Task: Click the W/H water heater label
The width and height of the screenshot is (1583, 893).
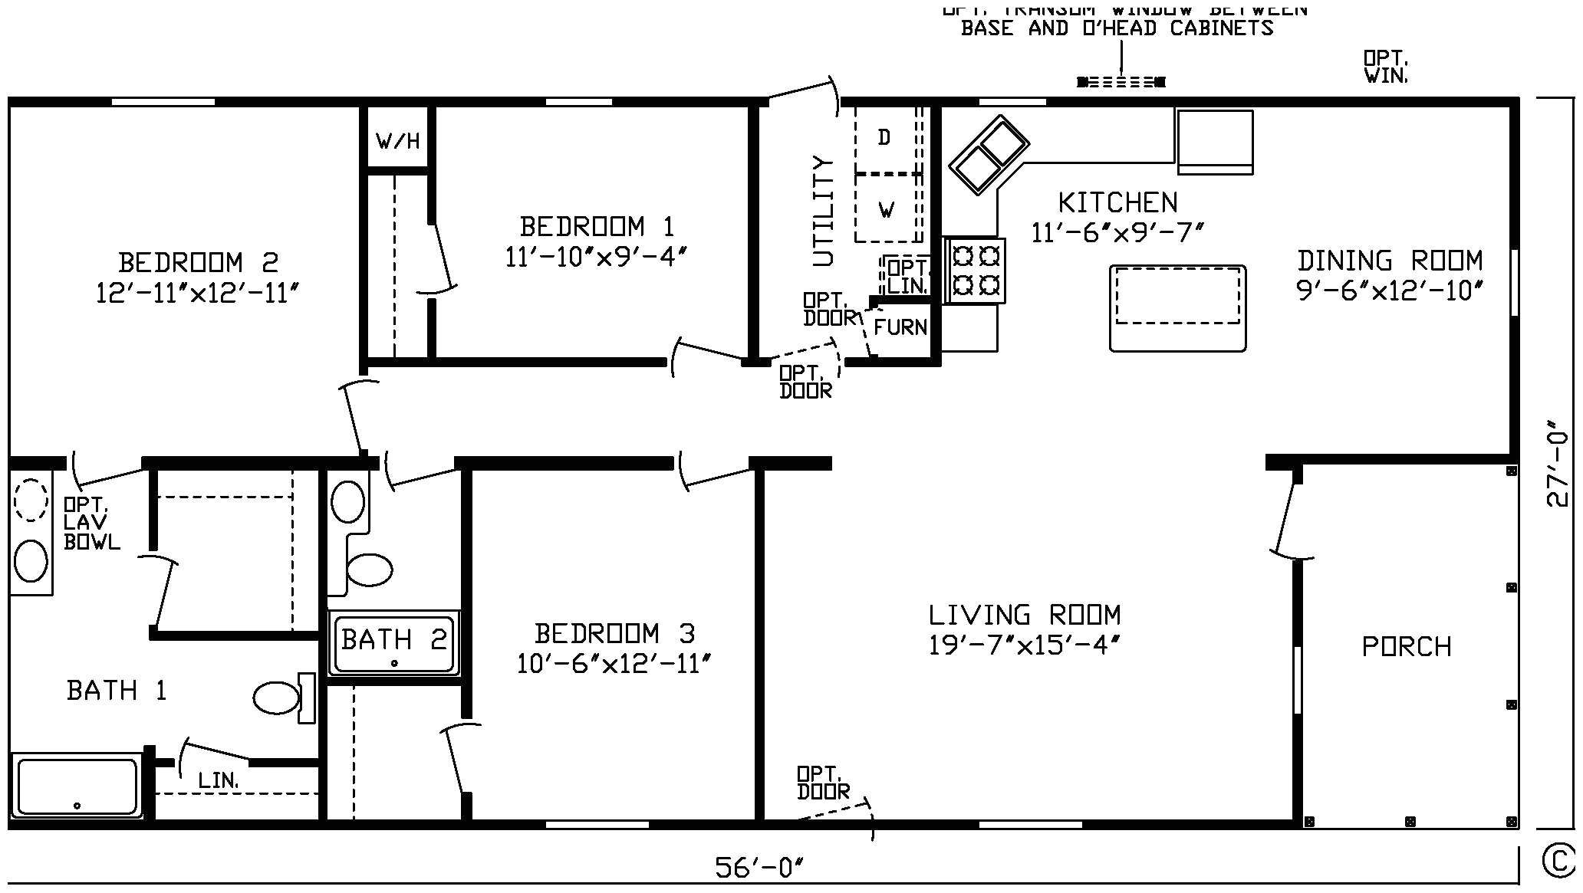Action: (397, 141)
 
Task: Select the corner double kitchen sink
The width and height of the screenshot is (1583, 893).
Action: (989, 155)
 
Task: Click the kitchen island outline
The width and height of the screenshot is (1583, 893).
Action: (1177, 308)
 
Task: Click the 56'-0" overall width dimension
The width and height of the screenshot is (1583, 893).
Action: (759, 868)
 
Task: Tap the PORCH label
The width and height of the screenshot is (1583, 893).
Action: (1406, 647)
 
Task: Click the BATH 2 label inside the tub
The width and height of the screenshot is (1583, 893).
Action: (393, 639)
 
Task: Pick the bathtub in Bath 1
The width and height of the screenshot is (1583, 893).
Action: (77, 786)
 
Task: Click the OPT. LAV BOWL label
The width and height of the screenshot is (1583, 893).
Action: (91, 524)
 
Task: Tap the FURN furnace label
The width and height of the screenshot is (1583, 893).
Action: (900, 327)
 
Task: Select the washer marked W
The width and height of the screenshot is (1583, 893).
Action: (887, 209)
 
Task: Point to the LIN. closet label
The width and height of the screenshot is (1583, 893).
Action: (218, 781)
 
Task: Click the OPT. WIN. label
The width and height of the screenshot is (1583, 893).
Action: (1385, 67)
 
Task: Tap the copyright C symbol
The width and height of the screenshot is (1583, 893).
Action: (1558, 861)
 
